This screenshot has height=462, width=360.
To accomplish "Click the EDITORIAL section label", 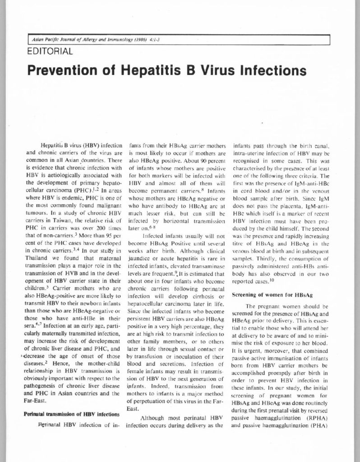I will (x=50, y=52).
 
